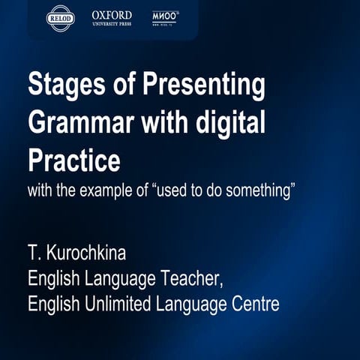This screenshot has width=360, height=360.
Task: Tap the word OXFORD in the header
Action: (x=112, y=15)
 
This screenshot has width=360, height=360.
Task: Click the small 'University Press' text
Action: (x=112, y=24)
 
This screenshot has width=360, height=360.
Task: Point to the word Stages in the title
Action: (x=63, y=85)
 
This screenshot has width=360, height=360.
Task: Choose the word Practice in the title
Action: (x=73, y=159)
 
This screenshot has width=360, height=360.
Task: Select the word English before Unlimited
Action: (x=52, y=304)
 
